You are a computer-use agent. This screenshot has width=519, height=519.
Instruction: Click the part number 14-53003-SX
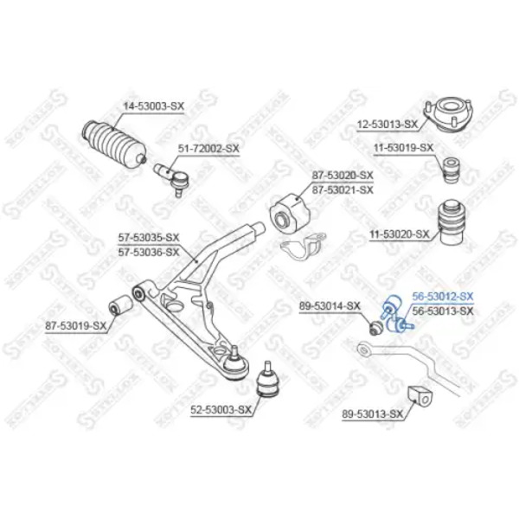153,106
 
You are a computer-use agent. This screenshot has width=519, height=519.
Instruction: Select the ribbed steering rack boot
114,144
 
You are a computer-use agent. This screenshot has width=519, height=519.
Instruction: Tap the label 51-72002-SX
208,149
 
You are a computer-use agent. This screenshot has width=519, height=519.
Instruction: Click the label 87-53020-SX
343,175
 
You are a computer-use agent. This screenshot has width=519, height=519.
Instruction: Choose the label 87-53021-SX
343,190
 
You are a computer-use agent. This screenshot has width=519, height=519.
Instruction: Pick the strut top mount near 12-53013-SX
449,116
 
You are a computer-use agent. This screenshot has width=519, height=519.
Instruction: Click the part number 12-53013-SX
388,125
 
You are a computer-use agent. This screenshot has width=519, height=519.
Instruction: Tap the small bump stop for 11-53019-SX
452,170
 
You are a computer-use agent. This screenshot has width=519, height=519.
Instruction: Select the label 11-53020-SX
399,234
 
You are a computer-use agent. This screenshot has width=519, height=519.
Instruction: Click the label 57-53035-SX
149,237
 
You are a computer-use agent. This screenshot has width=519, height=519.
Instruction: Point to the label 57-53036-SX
149,253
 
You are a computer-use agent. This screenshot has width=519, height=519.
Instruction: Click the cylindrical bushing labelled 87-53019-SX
121,304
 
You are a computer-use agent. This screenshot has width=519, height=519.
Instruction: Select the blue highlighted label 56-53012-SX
443,296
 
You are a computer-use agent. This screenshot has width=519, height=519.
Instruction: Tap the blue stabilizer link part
396,313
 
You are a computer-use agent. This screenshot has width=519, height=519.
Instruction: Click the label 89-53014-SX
330,306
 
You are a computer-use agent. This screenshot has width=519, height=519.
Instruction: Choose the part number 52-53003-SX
221,410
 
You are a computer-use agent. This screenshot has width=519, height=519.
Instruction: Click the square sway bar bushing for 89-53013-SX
421,396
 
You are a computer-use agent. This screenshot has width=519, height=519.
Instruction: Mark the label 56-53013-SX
443,311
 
